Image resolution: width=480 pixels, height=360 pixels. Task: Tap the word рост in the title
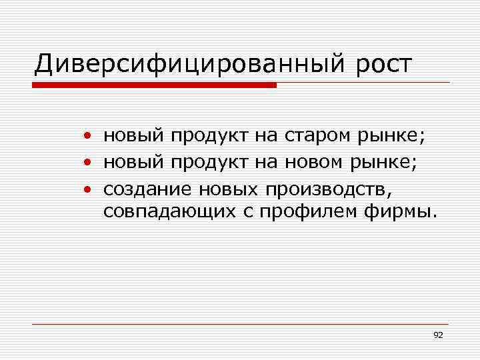381,65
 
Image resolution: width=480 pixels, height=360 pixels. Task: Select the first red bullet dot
88,137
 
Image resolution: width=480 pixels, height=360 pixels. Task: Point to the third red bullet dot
88,189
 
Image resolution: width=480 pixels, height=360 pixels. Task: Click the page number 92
438,335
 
